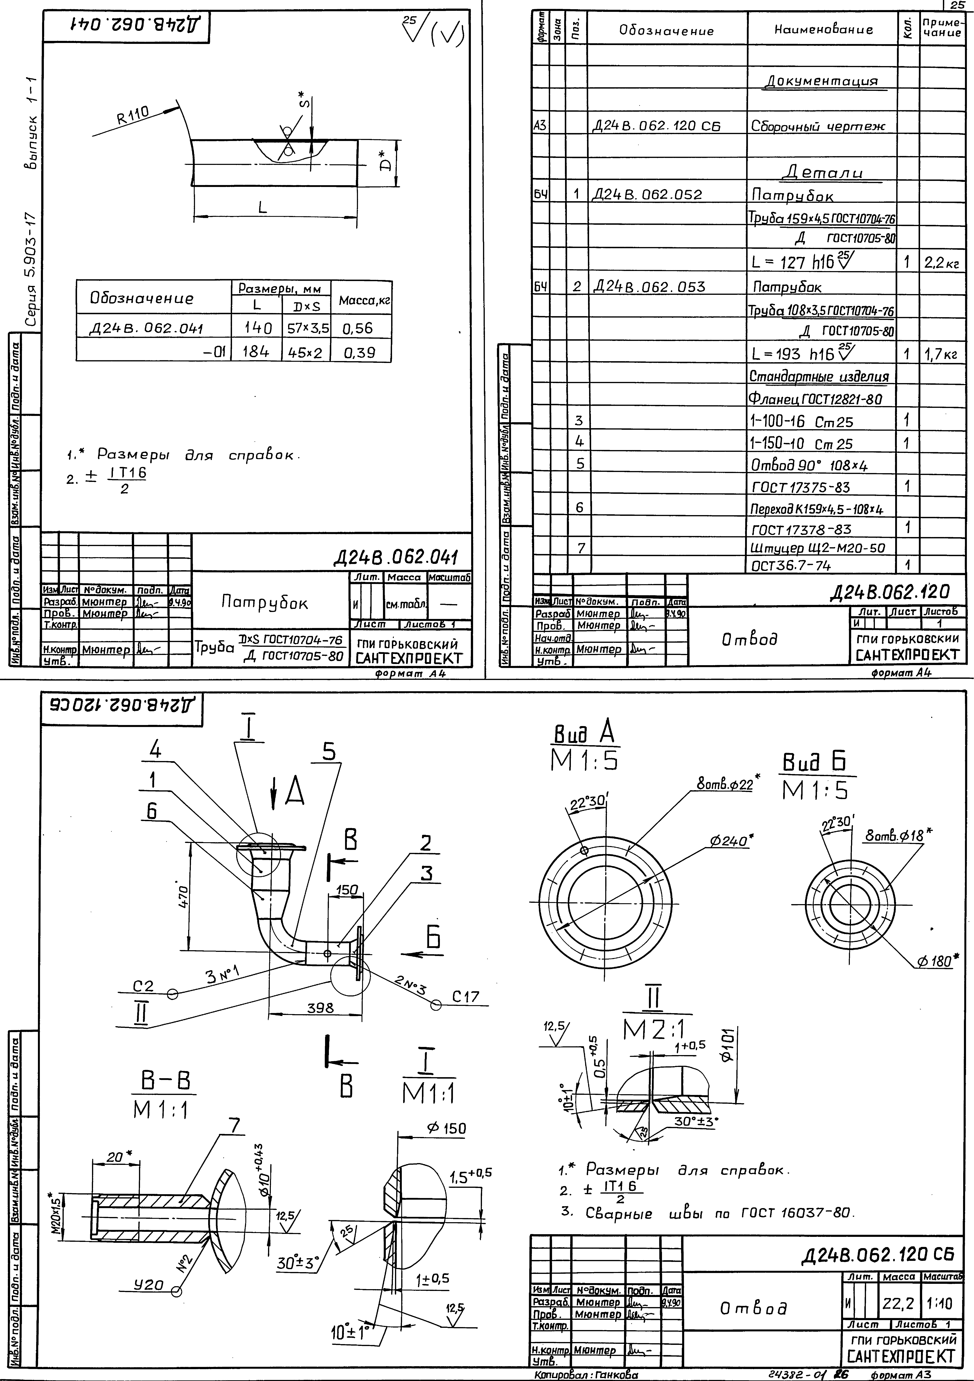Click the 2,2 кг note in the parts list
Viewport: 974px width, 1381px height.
(942, 263)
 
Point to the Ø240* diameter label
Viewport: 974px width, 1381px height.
(732, 841)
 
